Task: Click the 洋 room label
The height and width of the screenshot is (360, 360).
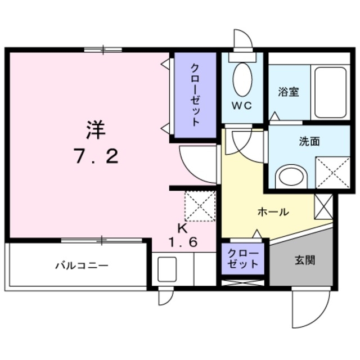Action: point(95,130)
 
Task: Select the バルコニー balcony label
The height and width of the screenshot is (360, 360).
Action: point(81,265)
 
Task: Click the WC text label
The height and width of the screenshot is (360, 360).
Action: point(242,105)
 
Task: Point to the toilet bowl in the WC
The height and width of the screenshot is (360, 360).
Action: point(242,79)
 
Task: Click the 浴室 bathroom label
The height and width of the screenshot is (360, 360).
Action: point(289,92)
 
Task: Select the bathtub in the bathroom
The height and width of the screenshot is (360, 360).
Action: point(330,92)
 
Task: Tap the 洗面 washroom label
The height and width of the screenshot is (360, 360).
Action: point(309,141)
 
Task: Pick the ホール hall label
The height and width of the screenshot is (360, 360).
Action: point(273,212)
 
